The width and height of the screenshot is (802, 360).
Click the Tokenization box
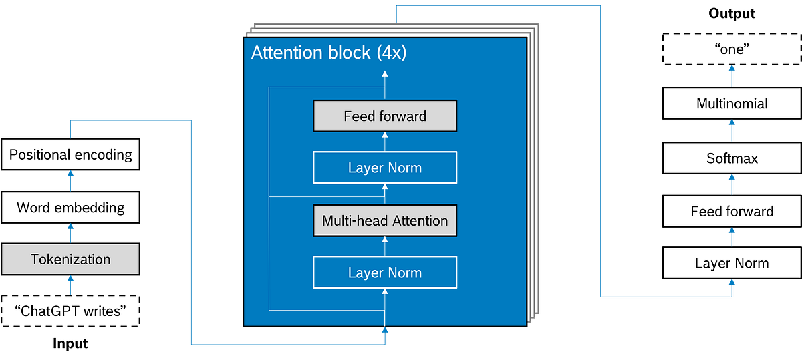click(x=70, y=259)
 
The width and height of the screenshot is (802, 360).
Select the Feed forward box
click(x=385, y=116)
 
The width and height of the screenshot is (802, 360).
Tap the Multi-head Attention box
click(x=385, y=220)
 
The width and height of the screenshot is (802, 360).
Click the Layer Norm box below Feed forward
click(x=385, y=168)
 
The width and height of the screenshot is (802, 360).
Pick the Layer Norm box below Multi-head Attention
click(x=385, y=273)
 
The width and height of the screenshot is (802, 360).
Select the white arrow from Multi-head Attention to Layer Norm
click(x=385, y=194)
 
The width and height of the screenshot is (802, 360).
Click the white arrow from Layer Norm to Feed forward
click(x=385, y=142)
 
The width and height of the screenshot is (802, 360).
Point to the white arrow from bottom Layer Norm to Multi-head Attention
click(x=385, y=246)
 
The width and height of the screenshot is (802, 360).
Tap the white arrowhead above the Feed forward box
click(x=385, y=73)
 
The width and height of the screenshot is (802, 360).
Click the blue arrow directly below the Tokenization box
click(x=70, y=285)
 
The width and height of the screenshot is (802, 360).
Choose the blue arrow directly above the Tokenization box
click(x=70, y=232)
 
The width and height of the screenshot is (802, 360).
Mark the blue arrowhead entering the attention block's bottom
click(x=385, y=332)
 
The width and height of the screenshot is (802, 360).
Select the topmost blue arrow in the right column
click(x=732, y=75)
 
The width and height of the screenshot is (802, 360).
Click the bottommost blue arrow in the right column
click(x=732, y=287)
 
